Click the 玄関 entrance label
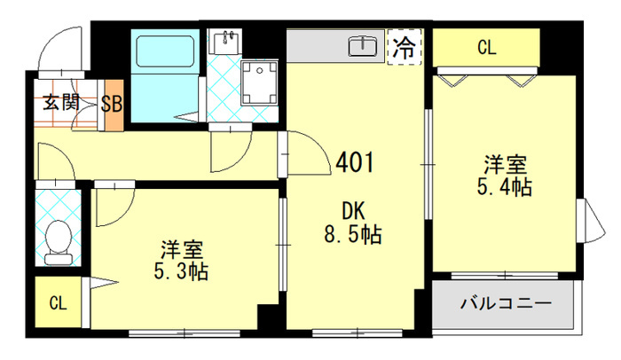click(x=61, y=103)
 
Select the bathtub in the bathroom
click(x=165, y=51)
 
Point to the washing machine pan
click(x=259, y=82)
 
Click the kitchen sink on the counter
click(x=363, y=45)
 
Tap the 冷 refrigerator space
click(x=404, y=47)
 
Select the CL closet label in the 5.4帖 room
click(x=486, y=48)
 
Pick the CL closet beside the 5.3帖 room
click(x=59, y=301)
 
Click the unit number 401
click(x=355, y=162)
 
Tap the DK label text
click(x=353, y=211)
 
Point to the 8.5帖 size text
click(x=353, y=234)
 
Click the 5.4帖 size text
click(x=504, y=187)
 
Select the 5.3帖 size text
click(x=181, y=271)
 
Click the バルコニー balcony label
click(x=506, y=304)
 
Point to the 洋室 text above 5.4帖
click(x=505, y=165)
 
